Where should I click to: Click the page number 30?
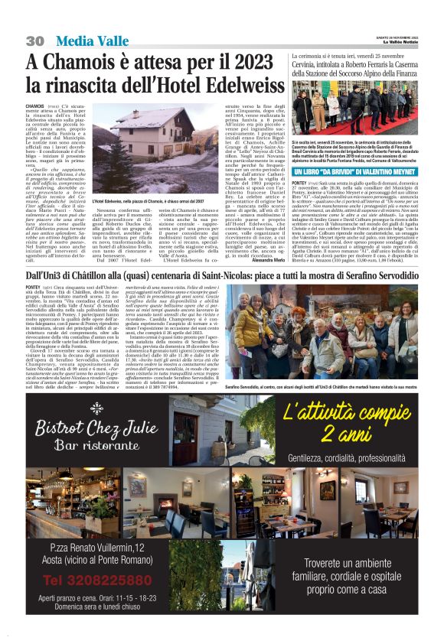[x=34, y=41]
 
